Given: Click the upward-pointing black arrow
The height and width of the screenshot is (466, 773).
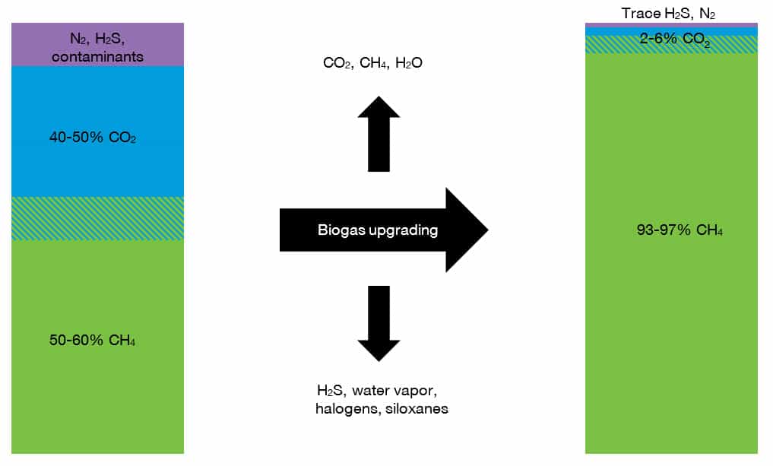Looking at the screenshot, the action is (x=379, y=134).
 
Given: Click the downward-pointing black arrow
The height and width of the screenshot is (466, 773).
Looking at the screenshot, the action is (x=379, y=324).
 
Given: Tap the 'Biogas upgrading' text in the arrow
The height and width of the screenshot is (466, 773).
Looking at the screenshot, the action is (x=378, y=230).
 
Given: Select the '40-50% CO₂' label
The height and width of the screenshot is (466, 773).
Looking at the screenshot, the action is (x=93, y=137).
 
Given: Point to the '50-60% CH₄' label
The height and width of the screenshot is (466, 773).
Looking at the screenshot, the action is (x=92, y=340).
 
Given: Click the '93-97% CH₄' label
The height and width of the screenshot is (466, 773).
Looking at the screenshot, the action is (x=680, y=230).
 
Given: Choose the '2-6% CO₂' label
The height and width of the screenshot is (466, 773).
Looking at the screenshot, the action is (x=675, y=39).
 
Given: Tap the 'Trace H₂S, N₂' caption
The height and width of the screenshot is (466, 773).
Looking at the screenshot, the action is (x=668, y=14).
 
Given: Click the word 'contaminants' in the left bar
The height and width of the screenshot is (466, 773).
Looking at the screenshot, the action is (x=97, y=57).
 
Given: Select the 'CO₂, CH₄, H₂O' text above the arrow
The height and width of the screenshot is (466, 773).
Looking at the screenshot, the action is (x=372, y=62).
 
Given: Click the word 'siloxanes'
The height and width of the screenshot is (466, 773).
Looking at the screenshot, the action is (x=417, y=409).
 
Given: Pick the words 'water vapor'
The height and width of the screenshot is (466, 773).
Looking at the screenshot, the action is (x=394, y=391).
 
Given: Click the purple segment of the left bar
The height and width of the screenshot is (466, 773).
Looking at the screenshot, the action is (x=97, y=44).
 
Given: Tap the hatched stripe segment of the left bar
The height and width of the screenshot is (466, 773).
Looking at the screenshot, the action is (x=97, y=218).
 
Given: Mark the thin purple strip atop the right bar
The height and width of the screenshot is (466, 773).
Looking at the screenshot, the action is (x=671, y=25).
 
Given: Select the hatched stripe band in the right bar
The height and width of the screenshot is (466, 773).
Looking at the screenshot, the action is (x=671, y=44).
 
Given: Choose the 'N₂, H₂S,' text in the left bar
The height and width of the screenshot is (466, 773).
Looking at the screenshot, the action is (x=97, y=39).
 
